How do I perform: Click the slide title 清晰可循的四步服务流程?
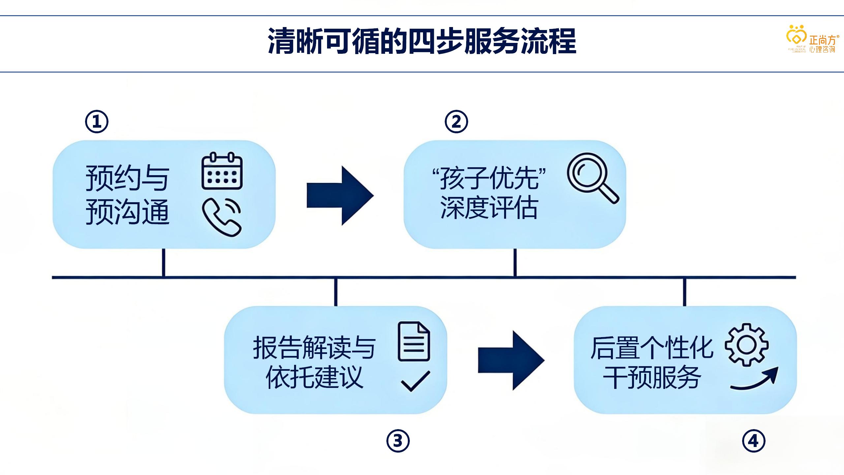tap(422, 42)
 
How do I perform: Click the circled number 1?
tap(97, 122)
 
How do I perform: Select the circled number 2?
tap(456, 122)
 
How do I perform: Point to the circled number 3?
tap(398, 441)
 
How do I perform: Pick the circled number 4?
tap(754, 441)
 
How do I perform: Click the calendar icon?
tap(222, 171)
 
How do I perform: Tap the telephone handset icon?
tap(222, 217)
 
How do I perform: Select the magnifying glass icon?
tap(592, 177)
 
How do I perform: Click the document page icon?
tap(414, 341)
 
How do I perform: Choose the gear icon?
tap(747, 344)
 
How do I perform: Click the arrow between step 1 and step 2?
tap(340, 196)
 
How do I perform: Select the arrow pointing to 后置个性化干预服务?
tap(511, 361)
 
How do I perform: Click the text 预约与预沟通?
tap(128, 195)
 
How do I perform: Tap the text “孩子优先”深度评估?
tap(489, 193)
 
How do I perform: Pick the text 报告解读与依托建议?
tap(314, 362)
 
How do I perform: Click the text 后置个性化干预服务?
tap(652, 362)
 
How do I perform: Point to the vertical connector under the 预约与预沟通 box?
tap(163, 263)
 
